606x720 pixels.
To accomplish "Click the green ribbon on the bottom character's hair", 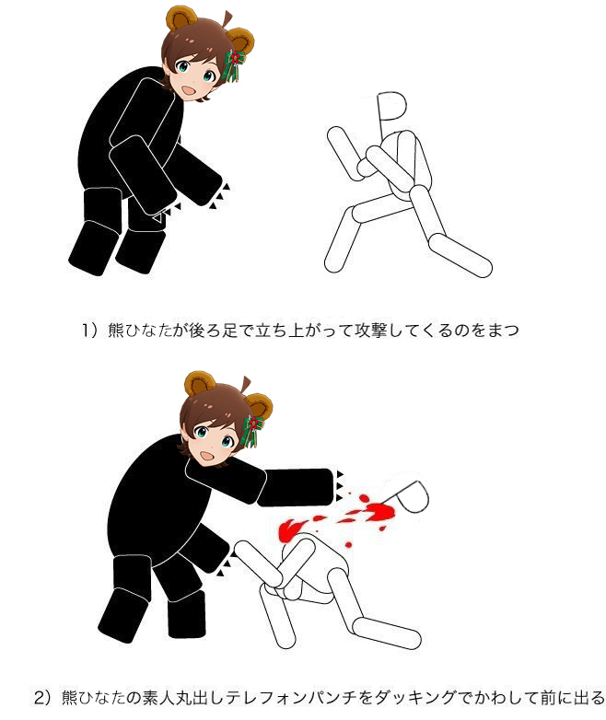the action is pos(251,431).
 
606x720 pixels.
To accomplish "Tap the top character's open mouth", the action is pos(189,89).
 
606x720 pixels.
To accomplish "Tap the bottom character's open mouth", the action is pos(207,456).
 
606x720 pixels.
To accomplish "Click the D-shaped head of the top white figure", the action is pos(391,107).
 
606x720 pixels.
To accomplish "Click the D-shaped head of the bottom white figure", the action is pos(412,497).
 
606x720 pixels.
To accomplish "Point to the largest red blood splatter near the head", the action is pos(380,511).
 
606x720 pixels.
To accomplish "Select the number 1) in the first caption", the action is pos(89,331).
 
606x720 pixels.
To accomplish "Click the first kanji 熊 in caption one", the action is pos(116,331).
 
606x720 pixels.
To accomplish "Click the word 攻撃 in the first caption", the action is pos(372,331).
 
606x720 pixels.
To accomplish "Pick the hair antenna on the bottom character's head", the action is pos(245,385).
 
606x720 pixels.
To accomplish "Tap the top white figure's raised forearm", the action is pos(344,154).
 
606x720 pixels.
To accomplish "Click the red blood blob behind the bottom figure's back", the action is pos(290,528).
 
